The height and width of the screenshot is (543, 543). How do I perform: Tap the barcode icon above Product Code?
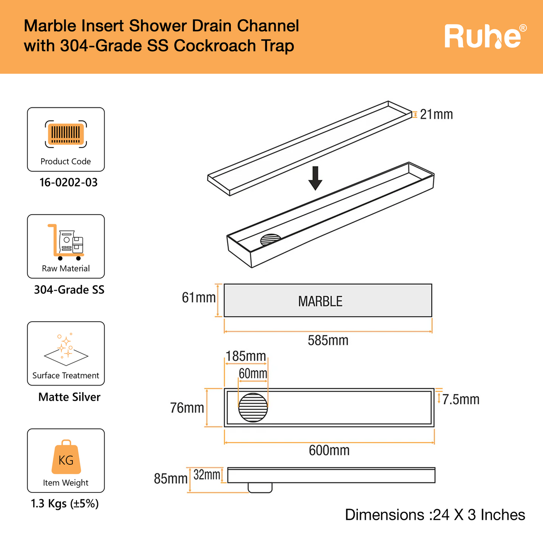tap(66, 134)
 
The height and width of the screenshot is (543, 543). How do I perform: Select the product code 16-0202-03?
tap(68, 182)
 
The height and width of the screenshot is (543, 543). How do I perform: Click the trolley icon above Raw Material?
tap(66, 242)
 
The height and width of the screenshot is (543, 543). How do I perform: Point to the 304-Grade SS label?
tap(69, 290)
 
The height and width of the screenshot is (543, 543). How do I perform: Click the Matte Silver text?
tap(69, 397)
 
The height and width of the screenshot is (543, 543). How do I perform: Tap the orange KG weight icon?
tap(66, 457)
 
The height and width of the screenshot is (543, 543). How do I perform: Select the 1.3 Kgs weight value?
tap(65, 504)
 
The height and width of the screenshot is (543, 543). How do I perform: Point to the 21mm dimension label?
tap(436, 115)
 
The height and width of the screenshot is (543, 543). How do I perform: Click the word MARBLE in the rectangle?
tap(320, 301)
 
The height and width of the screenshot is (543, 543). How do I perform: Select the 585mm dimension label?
tap(328, 341)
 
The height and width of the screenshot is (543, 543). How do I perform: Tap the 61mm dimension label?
tap(199, 298)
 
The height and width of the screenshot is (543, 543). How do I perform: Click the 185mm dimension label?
tap(246, 356)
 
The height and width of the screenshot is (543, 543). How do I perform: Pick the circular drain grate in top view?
tap(253, 407)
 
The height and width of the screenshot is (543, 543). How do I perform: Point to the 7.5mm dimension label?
tap(461, 399)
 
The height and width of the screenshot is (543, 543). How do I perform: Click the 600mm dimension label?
tap(329, 450)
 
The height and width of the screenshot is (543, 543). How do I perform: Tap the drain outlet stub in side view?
tap(260, 488)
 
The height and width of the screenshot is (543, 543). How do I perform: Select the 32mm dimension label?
tap(207, 475)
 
